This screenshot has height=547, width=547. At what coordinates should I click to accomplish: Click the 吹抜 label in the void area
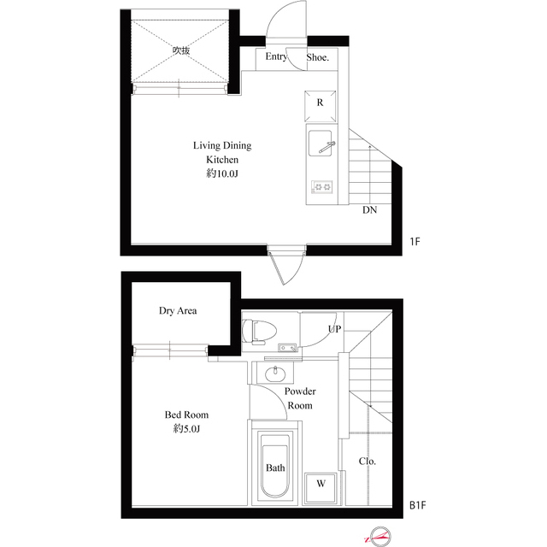click(180, 50)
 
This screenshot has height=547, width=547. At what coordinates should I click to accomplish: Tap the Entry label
click(275, 57)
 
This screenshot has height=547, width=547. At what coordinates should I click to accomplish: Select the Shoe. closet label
click(318, 57)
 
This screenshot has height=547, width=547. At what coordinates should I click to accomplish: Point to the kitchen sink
click(321, 144)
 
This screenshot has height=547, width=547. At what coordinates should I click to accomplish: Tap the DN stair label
click(369, 209)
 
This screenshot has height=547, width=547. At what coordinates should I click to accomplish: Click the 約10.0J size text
click(221, 174)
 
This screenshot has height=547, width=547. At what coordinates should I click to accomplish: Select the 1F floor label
click(415, 242)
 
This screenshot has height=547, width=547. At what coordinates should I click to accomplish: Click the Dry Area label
click(178, 311)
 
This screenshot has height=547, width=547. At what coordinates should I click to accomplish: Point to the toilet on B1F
click(259, 330)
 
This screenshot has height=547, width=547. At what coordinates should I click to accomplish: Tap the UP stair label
click(333, 329)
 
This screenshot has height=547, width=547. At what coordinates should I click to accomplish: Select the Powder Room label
click(299, 399)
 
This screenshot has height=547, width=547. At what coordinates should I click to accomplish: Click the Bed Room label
click(186, 415)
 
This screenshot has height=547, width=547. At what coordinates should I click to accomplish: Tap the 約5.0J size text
click(186, 428)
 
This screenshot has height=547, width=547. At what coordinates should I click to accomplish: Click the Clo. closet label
click(368, 462)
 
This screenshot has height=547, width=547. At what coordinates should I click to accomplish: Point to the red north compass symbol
click(377, 536)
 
